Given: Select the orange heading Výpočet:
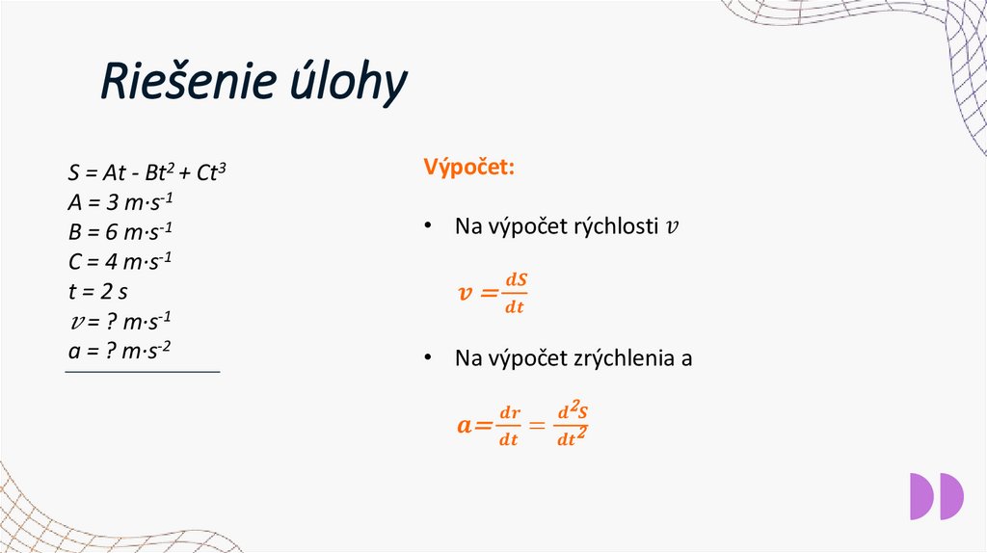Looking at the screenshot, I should (x=468, y=167).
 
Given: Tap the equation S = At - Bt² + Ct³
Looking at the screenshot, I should (x=147, y=173).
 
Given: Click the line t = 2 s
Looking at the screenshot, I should (x=98, y=291).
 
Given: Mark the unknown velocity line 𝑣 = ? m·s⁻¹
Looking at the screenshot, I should (x=120, y=321).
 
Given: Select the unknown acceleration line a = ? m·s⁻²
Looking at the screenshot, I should (x=120, y=350).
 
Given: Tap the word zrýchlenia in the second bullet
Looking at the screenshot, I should (x=628, y=359).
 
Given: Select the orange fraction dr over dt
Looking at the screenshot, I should (x=509, y=426).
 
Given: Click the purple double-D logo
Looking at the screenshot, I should (x=936, y=496).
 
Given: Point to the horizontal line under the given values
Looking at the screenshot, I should (x=143, y=372).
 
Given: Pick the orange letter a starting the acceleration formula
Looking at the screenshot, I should (x=466, y=425).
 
